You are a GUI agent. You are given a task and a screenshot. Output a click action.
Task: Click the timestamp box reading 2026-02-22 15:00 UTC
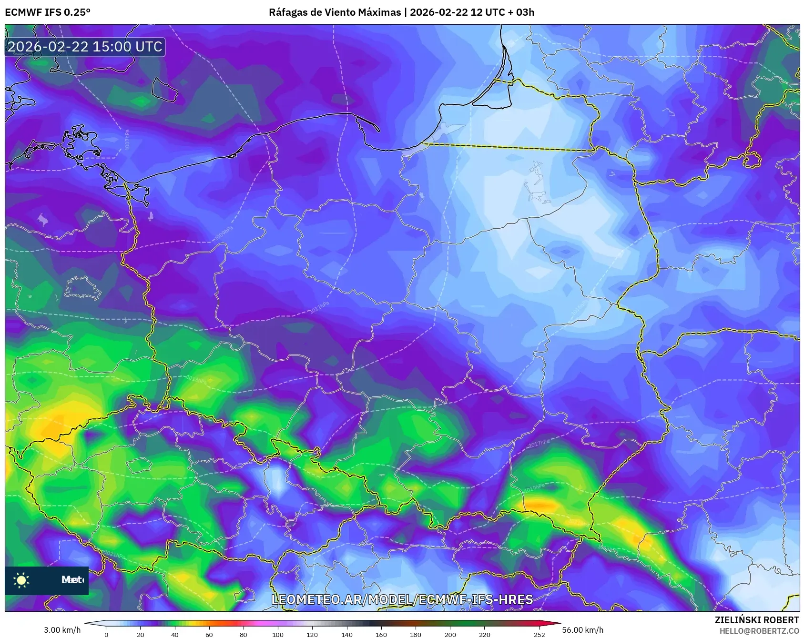click(x=85, y=47)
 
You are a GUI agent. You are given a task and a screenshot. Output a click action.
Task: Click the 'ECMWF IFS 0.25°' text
click(x=48, y=12)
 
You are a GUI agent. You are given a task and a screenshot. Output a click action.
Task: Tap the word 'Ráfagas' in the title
click(x=287, y=12)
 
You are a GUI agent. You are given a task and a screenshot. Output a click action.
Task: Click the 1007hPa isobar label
click(x=127, y=140)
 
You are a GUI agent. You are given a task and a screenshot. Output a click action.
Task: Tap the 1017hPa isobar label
click(x=539, y=444)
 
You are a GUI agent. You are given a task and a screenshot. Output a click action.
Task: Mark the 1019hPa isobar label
click(x=534, y=487)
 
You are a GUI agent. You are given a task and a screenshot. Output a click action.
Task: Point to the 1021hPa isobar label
click(x=114, y=555)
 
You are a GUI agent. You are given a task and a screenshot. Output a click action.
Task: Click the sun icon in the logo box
click(x=21, y=580)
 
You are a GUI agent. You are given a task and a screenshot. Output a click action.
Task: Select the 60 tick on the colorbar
click(x=209, y=634)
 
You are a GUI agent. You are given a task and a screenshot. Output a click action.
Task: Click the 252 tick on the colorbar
click(x=539, y=634)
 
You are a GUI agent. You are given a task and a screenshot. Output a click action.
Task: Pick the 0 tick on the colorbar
click(x=106, y=634)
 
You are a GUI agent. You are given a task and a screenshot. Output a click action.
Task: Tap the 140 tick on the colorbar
click(x=346, y=634)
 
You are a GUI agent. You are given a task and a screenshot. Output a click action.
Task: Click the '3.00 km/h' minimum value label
click(x=62, y=630)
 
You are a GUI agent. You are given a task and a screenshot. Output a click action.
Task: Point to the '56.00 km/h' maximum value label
click(x=582, y=630)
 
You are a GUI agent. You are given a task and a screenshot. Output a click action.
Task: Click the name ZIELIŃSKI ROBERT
click(x=756, y=620)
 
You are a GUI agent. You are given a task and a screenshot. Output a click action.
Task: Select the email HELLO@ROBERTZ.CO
click(x=759, y=631)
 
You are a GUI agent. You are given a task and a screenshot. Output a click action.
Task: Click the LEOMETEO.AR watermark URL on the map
click(x=402, y=599)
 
